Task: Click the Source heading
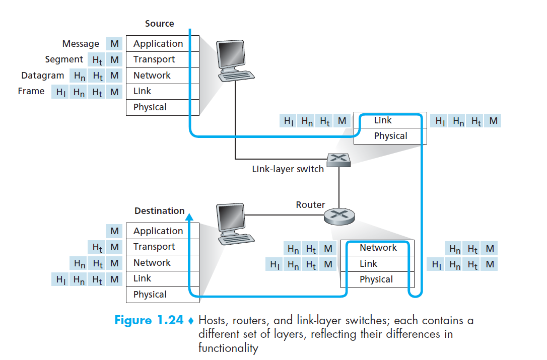(x=159, y=24)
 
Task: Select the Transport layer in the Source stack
(x=154, y=59)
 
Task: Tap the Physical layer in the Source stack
(x=150, y=107)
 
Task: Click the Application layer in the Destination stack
(x=158, y=231)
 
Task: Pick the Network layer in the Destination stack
(x=152, y=263)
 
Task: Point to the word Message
(x=81, y=44)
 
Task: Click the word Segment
(x=64, y=59)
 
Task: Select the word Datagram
(x=43, y=76)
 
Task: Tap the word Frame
(x=31, y=91)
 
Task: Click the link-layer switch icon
(x=338, y=160)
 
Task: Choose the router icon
(x=339, y=216)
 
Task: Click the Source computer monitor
(x=233, y=56)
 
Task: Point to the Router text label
(x=310, y=205)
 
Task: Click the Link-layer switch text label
(x=288, y=169)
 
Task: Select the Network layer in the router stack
(x=378, y=248)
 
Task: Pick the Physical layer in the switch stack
(x=390, y=136)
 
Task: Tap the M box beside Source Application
(x=115, y=44)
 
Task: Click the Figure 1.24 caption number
(x=148, y=321)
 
